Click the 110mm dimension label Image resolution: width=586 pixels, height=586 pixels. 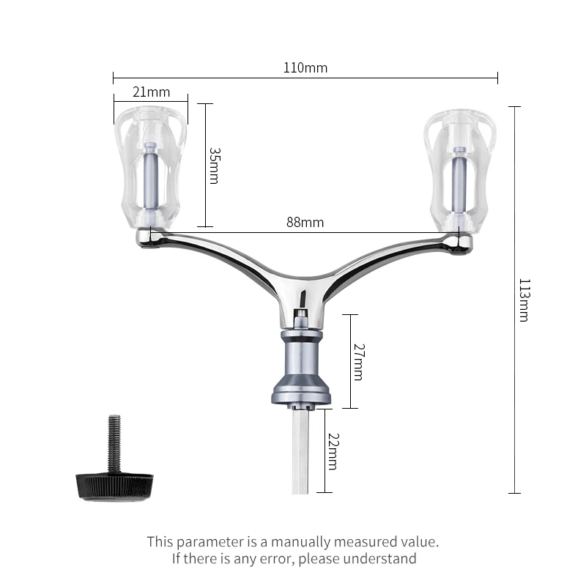pos(305,68)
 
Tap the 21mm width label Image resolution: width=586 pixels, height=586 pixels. pos(152,92)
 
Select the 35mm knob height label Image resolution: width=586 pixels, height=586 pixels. pos(215,166)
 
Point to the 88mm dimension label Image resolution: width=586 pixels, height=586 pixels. pos(305,223)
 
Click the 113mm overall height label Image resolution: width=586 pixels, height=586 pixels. pos(524,300)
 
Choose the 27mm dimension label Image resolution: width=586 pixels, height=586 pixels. pos(359,362)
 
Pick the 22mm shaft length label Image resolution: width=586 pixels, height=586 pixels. pos(333,451)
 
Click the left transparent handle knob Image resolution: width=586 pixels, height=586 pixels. pos(151,168)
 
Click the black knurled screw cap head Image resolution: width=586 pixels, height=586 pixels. pos(114,486)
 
